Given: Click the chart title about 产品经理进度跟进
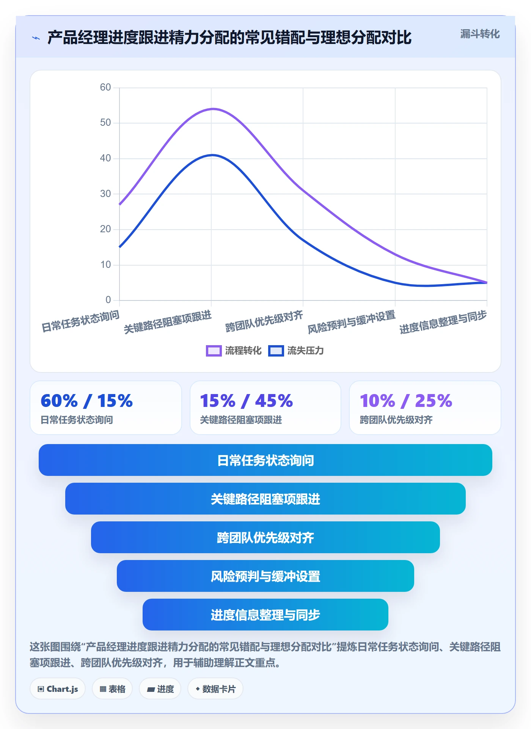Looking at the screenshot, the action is coord(229,38).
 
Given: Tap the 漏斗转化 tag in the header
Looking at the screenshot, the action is coord(480,34).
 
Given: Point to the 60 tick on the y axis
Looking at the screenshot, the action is coord(105,88).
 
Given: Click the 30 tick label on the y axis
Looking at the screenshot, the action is coord(105,194).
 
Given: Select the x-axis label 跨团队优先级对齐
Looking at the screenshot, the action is coord(264,321).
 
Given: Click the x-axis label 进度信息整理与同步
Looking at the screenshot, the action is coord(443,322).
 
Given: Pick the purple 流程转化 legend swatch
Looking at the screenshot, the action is coord(214,351).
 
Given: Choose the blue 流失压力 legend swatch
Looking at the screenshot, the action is coord(276,351).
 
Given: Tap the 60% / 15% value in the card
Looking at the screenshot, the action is coord(86,400).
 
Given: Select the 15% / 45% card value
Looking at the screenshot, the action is coord(246,400).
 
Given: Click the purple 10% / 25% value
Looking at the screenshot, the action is coord(406,400).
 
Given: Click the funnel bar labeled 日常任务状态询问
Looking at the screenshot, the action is coord(265,460).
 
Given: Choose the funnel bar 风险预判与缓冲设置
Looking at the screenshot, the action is coord(265,576).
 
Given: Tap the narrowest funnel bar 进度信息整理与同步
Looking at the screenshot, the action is coord(265,615).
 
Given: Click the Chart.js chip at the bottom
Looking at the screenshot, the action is coord(58,689).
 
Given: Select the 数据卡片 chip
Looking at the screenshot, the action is coord(215,689).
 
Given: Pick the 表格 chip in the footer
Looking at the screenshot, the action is coord(112,689).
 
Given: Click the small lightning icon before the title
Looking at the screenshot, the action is coord(36,38).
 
